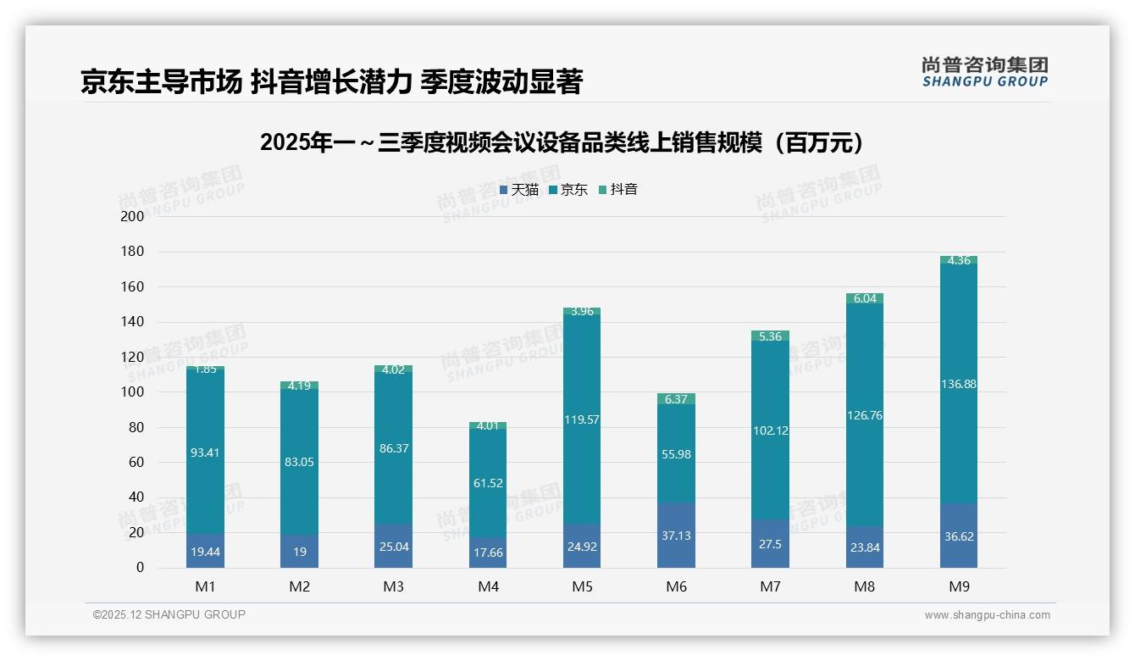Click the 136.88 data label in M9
click(x=958, y=384)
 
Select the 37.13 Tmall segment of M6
click(x=676, y=536)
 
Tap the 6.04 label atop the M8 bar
click(x=864, y=298)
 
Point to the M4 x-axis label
click(x=488, y=586)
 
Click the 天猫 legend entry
click(x=518, y=190)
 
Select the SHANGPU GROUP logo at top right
click(x=984, y=72)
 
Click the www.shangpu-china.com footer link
click(x=987, y=615)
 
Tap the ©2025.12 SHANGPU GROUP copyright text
click(x=169, y=615)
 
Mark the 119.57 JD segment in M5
click(x=581, y=419)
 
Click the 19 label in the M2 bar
click(x=299, y=551)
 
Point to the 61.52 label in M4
click(x=488, y=483)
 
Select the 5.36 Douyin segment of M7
click(x=770, y=336)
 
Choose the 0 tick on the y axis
click(x=140, y=568)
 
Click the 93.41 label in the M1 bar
click(x=205, y=453)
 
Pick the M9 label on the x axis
click(x=958, y=586)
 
